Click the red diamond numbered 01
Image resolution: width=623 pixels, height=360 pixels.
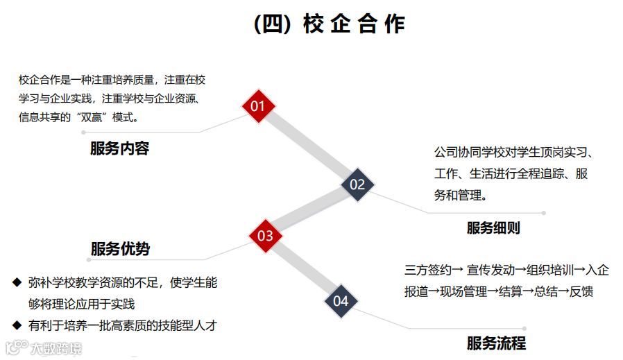click(x=258, y=106)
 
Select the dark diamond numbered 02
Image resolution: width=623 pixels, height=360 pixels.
click(x=357, y=184)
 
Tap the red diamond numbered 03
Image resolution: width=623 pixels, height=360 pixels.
click(x=266, y=236)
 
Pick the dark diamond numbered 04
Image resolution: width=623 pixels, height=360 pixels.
click(x=341, y=301)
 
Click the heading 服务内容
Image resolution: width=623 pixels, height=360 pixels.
click(x=119, y=148)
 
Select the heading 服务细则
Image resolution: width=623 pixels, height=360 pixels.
click(x=493, y=228)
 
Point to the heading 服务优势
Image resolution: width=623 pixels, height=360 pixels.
click(x=120, y=248)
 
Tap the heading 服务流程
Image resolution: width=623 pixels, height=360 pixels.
click(x=496, y=343)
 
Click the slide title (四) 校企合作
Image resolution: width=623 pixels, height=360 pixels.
click(x=330, y=24)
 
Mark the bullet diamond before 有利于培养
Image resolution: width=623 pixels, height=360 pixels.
click(x=17, y=324)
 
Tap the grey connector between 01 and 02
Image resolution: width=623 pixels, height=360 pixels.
click(x=308, y=145)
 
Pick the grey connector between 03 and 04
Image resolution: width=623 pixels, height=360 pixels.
click(x=303, y=268)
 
